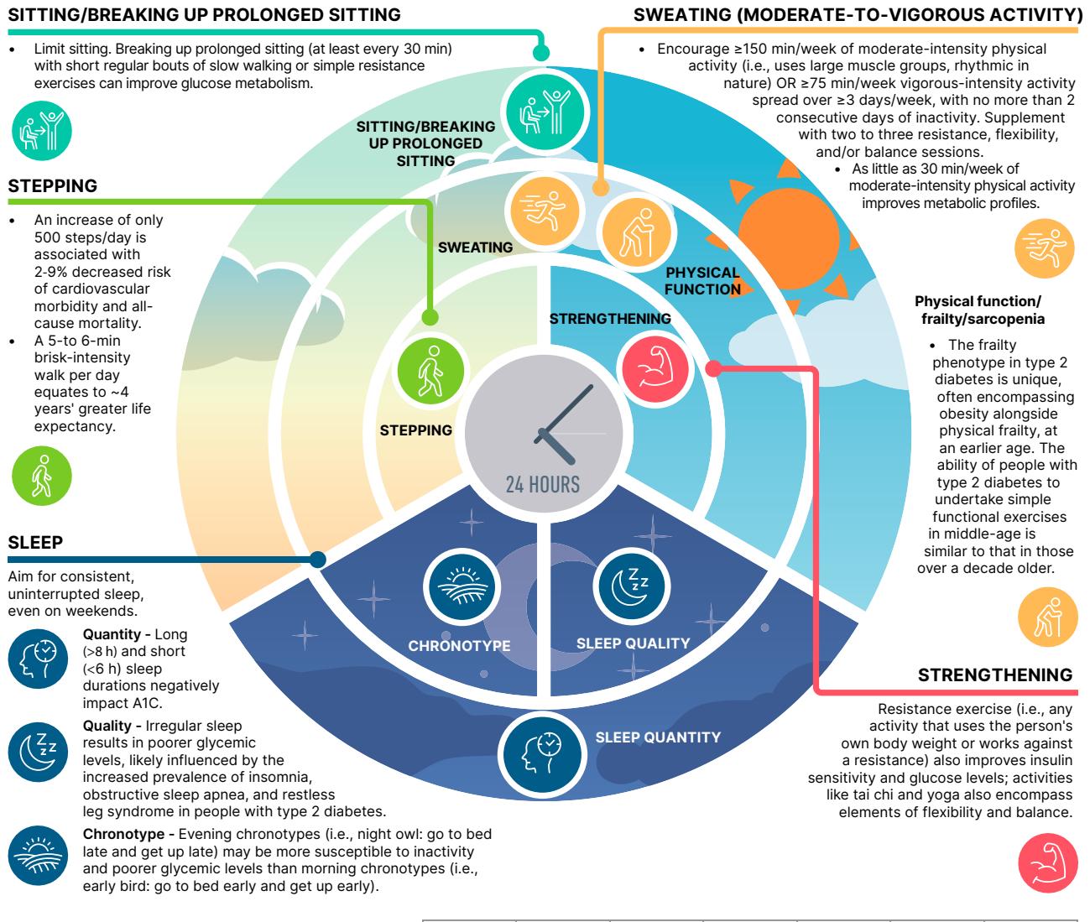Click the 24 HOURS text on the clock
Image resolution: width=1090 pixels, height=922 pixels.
[x=543, y=484]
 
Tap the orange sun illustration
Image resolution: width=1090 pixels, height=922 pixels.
[x=789, y=238]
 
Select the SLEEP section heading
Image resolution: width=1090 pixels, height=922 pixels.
[x=35, y=542]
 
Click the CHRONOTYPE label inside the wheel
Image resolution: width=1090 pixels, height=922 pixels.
[x=459, y=646]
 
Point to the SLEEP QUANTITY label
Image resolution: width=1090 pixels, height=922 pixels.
[x=658, y=737]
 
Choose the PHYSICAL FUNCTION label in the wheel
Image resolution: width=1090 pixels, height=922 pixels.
[x=702, y=280]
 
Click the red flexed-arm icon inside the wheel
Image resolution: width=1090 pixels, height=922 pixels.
[x=655, y=368]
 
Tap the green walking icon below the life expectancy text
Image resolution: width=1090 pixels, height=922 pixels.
[x=42, y=476]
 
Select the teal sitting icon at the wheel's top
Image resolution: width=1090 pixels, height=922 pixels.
[x=545, y=112]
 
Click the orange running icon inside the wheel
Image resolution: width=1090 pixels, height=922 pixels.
[x=545, y=211]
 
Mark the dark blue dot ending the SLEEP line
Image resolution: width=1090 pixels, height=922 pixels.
[x=317, y=560]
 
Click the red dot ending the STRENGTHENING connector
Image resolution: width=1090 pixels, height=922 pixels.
[x=713, y=368]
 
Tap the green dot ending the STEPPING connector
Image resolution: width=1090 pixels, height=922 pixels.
[x=430, y=317]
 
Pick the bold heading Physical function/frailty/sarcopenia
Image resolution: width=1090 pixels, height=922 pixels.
[x=980, y=310]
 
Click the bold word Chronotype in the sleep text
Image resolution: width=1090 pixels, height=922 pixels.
[x=123, y=834]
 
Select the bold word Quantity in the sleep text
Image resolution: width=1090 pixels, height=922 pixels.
[x=112, y=634]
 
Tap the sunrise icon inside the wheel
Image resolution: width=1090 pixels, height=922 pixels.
[x=462, y=586]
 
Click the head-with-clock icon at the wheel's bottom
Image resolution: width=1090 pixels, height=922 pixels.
[x=542, y=753]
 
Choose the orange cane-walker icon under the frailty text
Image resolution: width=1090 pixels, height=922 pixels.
[x=1048, y=617]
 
